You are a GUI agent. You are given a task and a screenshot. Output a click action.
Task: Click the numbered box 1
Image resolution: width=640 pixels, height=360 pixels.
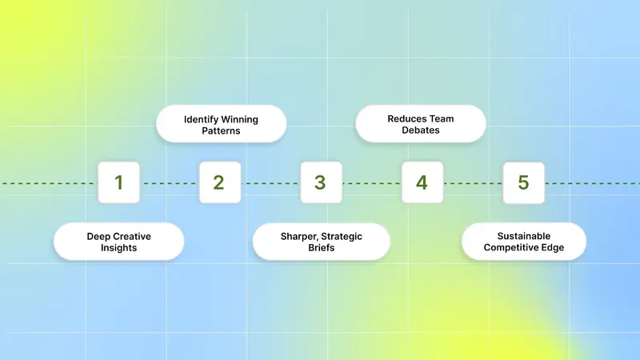(x=118, y=182)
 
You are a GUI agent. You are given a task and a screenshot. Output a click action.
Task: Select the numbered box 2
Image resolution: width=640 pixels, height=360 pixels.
(x=220, y=182)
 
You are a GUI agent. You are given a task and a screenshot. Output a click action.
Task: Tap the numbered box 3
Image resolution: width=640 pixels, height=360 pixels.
(x=322, y=182)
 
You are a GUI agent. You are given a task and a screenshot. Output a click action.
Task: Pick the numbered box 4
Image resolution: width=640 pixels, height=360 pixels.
(x=422, y=182)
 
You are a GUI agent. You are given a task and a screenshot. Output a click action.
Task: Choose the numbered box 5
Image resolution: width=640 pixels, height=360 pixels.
(x=524, y=182)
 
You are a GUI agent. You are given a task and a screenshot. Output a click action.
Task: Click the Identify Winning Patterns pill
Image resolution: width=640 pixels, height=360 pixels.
(x=221, y=124)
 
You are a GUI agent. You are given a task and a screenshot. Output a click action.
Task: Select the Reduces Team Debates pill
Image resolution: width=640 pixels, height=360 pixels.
(x=421, y=124)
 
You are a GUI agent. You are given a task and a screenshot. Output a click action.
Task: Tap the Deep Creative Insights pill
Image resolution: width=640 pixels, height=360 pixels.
(x=118, y=242)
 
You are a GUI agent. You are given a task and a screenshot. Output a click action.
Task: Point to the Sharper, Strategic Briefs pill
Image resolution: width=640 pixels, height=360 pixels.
(x=322, y=242)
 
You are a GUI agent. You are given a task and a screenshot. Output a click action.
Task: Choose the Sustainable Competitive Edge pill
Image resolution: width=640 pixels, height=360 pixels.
(x=524, y=242)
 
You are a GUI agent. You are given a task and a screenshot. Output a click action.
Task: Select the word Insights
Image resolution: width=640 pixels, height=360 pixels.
(x=118, y=248)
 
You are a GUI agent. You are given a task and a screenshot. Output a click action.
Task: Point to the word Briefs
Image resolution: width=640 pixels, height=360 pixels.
(x=322, y=248)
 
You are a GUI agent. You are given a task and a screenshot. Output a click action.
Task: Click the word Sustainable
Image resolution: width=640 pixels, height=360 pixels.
(x=524, y=236)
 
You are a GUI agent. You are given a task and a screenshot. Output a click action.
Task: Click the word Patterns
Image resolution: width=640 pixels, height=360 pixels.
(x=221, y=131)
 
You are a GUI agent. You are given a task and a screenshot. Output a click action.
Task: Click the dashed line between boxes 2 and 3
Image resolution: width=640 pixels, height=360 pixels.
(x=270, y=183)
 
